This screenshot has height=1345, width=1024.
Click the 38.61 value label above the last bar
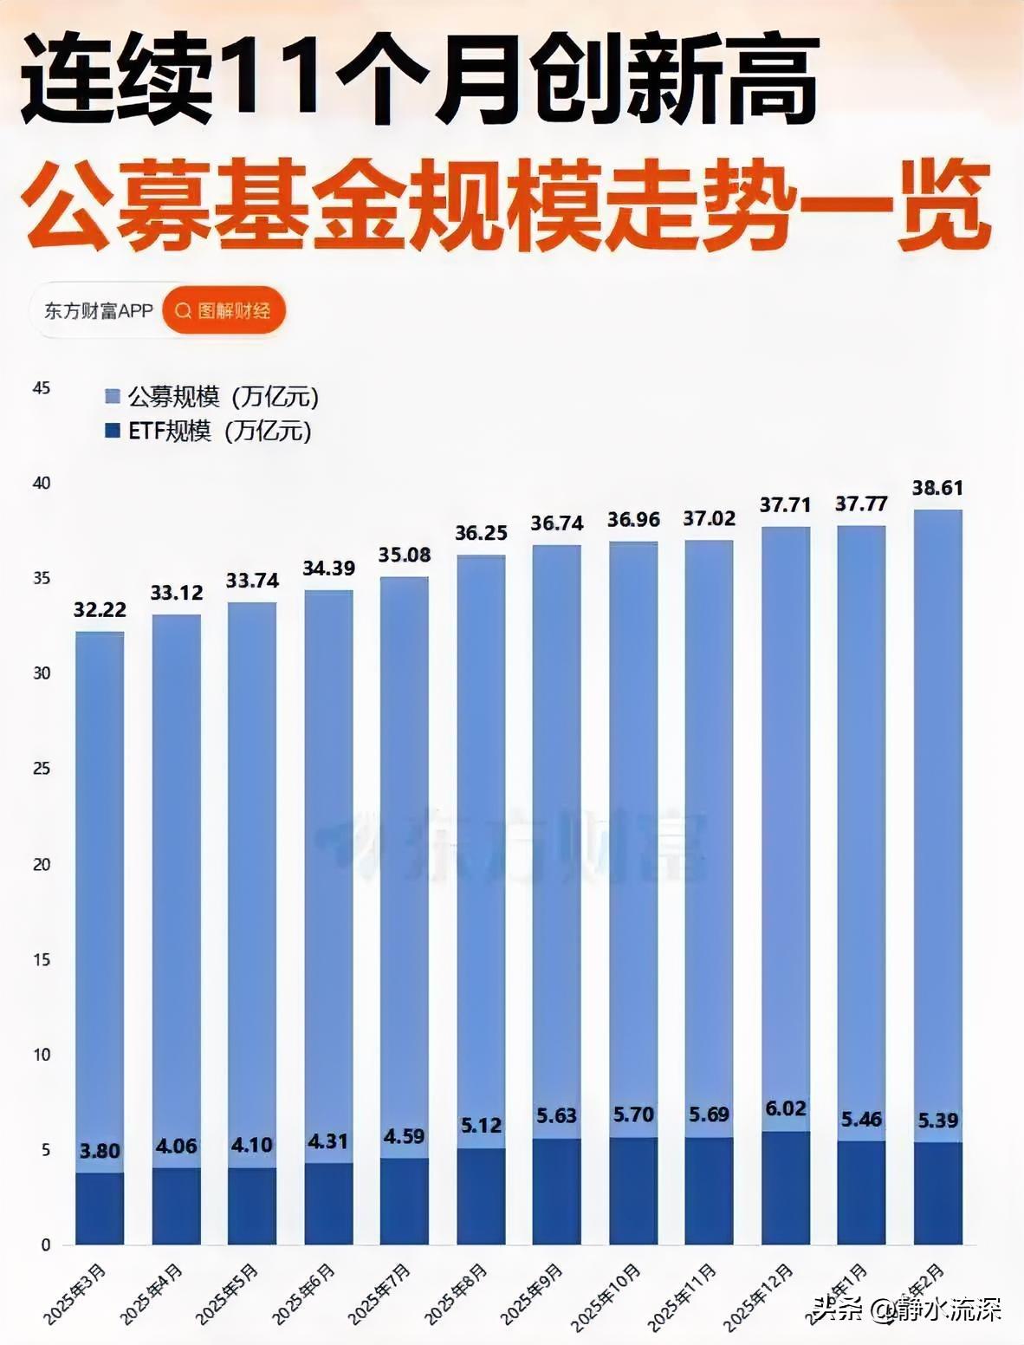point(937,488)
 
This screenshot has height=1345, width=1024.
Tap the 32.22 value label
point(100,610)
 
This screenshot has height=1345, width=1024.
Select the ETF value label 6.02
point(786,1109)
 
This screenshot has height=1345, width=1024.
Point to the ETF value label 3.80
point(100,1151)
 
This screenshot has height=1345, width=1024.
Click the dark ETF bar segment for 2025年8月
point(481,1196)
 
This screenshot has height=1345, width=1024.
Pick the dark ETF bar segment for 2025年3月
point(100,1208)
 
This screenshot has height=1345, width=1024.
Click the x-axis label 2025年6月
point(304,1294)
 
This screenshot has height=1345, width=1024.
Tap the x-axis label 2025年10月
point(606,1296)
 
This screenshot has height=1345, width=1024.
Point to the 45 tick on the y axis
point(42,388)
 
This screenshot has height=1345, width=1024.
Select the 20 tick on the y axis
point(42,864)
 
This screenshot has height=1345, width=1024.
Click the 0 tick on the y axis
point(46,1245)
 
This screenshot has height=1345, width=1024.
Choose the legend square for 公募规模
point(113,397)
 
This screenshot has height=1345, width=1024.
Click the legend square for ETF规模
point(113,431)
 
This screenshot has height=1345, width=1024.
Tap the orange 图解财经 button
point(224,311)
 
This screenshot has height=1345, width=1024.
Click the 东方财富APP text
point(99,311)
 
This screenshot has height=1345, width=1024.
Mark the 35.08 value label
point(405,555)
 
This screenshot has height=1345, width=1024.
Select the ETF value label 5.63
point(556,1116)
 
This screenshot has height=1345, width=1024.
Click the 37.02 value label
point(710,518)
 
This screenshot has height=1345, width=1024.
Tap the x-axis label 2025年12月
point(758,1296)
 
